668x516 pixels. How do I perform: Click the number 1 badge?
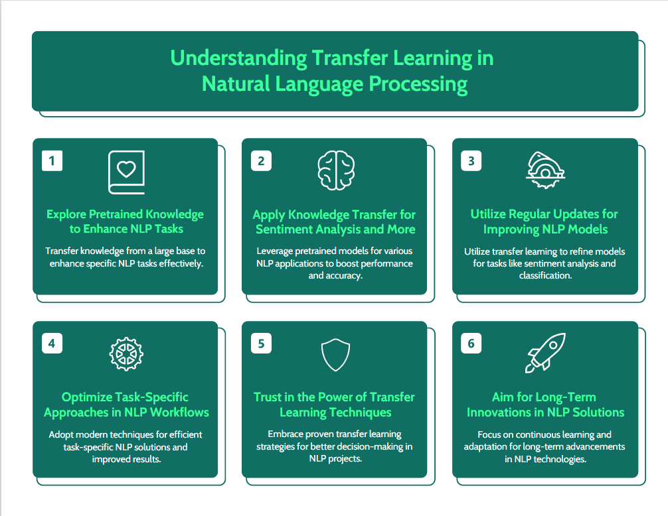(x=52, y=161)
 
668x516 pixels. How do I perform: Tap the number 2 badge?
(x=261, y=161)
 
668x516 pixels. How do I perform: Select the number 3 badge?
(x=471, y=161)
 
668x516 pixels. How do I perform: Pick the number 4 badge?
(x=52, y=344)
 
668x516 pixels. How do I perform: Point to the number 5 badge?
(x=261, y=344)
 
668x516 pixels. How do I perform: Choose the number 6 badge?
(x=471, y=344)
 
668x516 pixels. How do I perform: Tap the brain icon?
(x=336, y=170)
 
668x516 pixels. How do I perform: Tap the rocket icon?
(x=545, y=353)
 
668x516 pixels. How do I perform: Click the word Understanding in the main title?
(x=238, y=58)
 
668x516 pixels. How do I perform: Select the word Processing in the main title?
(x=418, y=84)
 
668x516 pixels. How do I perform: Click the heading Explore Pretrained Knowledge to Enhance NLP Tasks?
(x=125, y=222)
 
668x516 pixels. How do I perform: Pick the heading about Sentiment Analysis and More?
(x=335, y=222)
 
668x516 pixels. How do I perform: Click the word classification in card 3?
(x=545, y=276)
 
